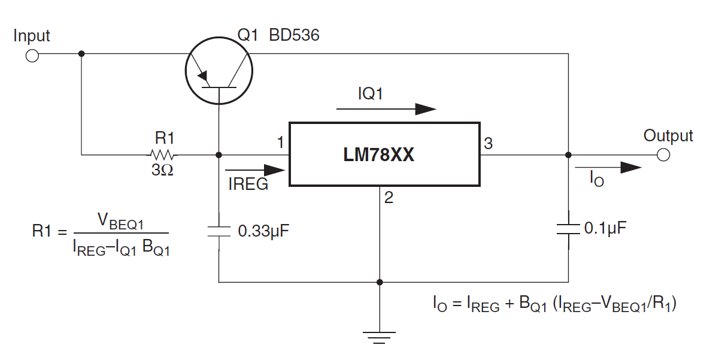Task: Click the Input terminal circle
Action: tap(32, 56)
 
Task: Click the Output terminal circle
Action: tap(663, 155)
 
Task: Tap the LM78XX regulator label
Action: tap(379, 155)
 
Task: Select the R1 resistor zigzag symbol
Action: tap(162, 155)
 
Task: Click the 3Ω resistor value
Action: tap(162, 170)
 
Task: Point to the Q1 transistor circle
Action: tap(219, 71)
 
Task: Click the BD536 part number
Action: tap(294, 35)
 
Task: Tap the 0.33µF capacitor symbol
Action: tap(219, 231)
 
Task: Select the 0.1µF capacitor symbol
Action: tap(569, 229)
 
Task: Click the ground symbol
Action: tap(380, 338)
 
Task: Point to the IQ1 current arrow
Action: tap(387, 109)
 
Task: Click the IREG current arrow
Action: tap(255, 170)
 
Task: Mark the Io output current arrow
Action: tap(608, 167)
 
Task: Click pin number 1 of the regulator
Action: tap(280, 143)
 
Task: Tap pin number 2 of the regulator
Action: tap(389, 198)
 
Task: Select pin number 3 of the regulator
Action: tap(489, 144)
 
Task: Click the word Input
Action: tap(32, 36)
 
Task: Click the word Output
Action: tap(668, 135)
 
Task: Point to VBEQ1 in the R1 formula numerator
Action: tap(120, 221)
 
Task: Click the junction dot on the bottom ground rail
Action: tap(380, 282)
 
